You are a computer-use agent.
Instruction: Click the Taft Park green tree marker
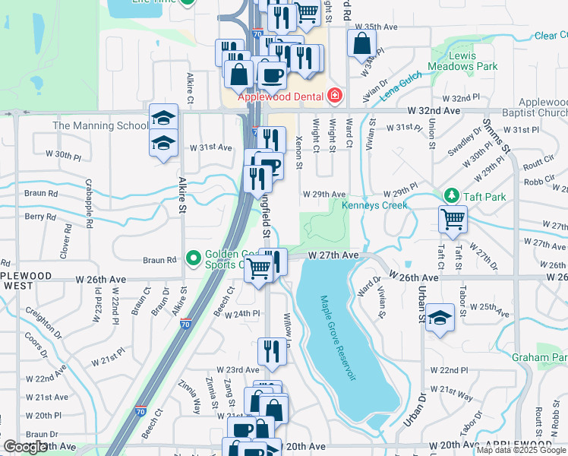pos(452,196)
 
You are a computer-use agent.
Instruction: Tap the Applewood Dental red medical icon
pos(333,97)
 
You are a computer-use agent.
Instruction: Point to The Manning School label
pos(100,125)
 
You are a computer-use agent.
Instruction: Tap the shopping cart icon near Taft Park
pos(453,219)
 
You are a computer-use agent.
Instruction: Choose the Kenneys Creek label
pos(374,205)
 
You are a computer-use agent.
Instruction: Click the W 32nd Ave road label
pos(434,111)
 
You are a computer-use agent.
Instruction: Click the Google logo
pos(26,447)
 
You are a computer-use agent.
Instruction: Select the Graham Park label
pos(539,357)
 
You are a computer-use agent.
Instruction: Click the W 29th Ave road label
pos(324,195)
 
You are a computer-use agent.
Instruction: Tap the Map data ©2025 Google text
pos(521,450)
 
